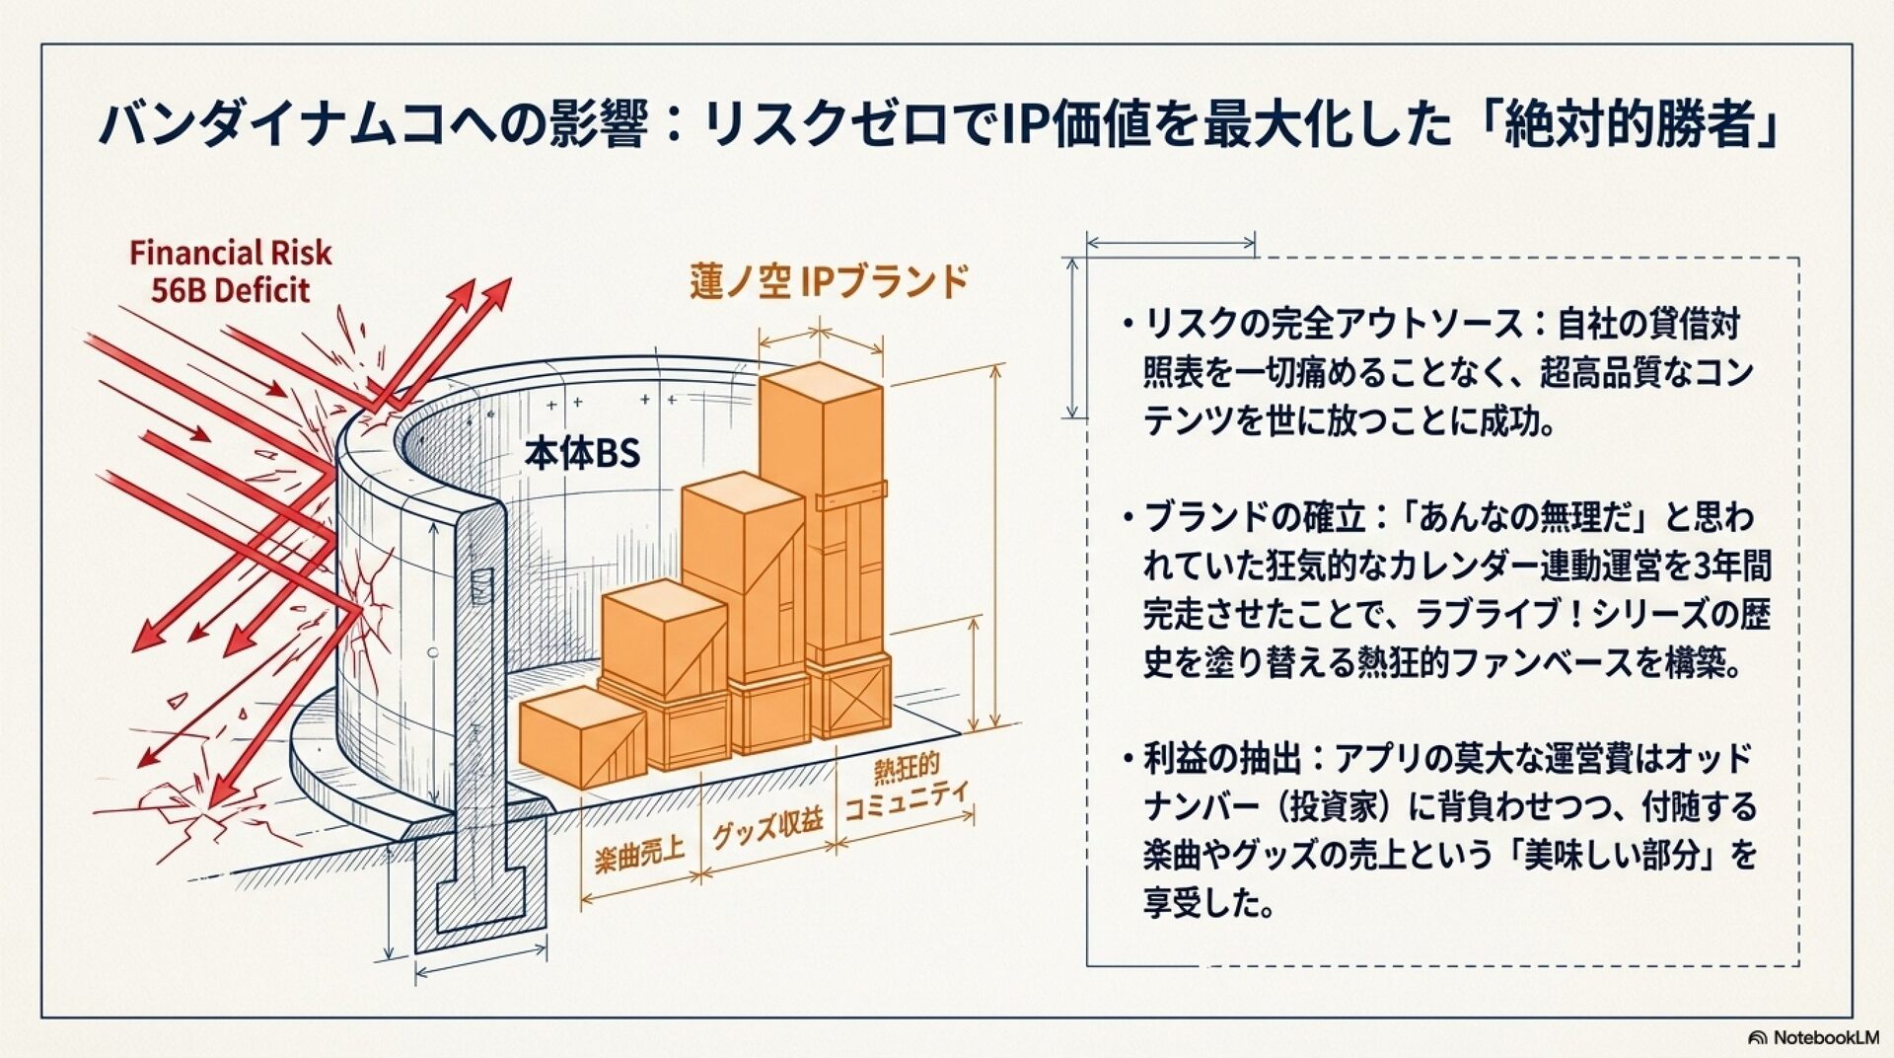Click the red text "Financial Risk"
point(230,254)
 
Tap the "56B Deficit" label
point(230,291)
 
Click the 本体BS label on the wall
point(582,453)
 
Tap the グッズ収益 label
point(767,827)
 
